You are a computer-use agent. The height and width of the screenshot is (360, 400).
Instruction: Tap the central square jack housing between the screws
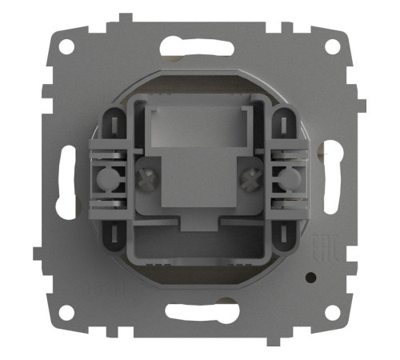coord(199,184)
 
